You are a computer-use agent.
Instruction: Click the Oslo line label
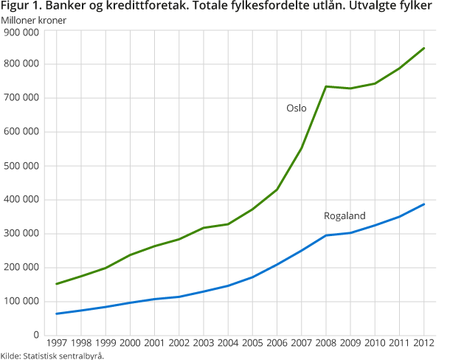point(296,108)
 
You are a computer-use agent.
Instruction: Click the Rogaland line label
point(345,215)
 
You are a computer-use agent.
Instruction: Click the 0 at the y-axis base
point(35,336)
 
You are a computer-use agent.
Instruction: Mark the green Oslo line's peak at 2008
point(326,86)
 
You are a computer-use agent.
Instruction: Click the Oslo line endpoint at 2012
point(424,48)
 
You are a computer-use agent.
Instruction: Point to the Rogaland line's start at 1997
point(57,314)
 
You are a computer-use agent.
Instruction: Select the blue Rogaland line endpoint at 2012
point(424,204)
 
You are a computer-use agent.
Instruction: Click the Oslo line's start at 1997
point(57,284)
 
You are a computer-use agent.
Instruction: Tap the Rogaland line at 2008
point(326,235)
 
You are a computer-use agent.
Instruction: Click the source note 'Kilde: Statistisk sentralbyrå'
point(52,356)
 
